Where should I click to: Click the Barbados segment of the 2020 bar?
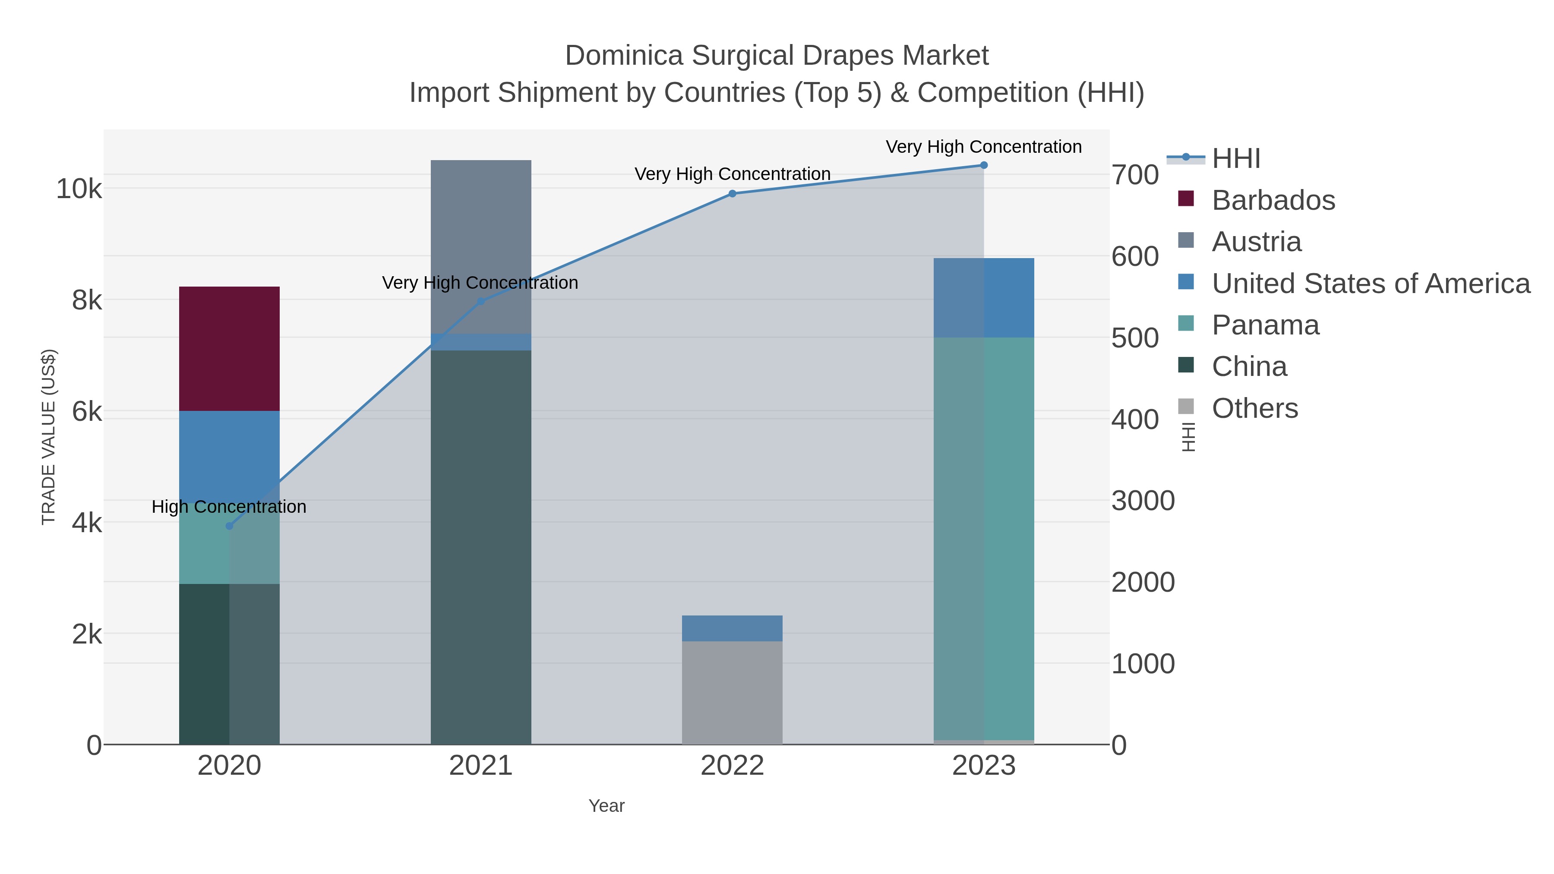(229, 349)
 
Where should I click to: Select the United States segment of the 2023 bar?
(983, 297)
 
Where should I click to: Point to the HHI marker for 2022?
(732, 194)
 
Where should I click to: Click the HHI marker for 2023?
(983, 165)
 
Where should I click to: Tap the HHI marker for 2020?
(229, 526)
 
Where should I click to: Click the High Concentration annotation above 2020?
(229, 507)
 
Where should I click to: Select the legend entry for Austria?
(1256, 242)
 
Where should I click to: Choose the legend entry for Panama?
(1265, 325)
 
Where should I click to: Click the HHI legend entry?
(1235, 159)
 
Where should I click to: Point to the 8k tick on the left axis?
(87, 300)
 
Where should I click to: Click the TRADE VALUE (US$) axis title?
(48, 437)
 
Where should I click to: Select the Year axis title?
(606, 806)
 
